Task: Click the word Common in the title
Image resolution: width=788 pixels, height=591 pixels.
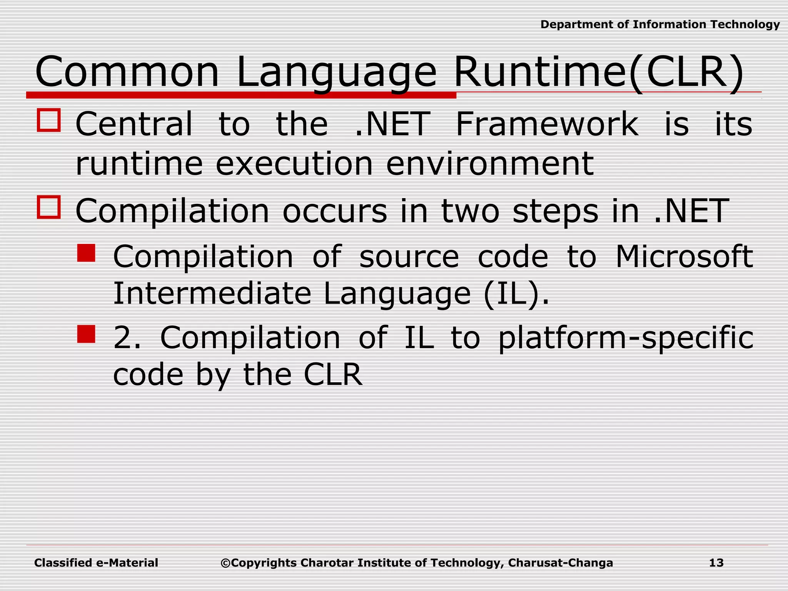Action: [127, 72]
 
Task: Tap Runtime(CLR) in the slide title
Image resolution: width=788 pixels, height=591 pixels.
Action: [598, 72]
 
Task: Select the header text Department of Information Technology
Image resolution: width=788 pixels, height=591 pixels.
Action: [660, 25]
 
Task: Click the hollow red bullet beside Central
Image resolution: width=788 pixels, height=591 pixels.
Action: [49, 120]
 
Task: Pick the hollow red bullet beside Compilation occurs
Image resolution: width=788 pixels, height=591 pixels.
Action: [49, 207]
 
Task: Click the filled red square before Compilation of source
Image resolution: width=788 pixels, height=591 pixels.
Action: [86, 253]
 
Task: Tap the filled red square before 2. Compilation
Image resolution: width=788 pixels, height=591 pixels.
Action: [86, 334]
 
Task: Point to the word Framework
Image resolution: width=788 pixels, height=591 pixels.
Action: [547, 124]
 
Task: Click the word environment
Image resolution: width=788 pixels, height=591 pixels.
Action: [489, 164]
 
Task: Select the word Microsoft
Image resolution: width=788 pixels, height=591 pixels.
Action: [684, 257]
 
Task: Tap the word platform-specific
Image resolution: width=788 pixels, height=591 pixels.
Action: [626, 337]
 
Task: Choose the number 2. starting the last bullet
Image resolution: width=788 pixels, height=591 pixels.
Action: [127, 337]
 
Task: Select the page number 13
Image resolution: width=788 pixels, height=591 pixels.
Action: [716, 563]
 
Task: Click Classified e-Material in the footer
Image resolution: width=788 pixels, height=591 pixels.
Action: [96, 563]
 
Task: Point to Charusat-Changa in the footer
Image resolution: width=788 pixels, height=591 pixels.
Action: [560, 563]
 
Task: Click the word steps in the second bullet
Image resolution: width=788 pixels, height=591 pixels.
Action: [555, 211]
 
